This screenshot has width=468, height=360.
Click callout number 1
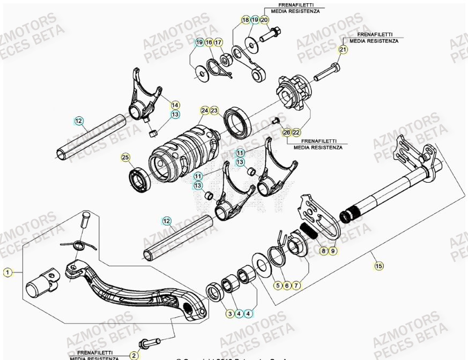7,273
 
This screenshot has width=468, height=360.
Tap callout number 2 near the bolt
134,355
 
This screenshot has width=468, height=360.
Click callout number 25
125,157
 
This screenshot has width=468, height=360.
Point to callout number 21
343,50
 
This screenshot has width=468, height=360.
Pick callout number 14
176,105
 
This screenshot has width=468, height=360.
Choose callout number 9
333,250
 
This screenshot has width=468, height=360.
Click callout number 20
264,20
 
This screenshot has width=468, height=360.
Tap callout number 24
204,111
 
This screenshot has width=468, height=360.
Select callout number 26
287,132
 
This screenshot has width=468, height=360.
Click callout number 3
229,313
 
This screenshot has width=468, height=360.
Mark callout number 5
278,286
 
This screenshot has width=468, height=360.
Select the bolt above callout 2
150,341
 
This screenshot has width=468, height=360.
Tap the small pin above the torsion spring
84,220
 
